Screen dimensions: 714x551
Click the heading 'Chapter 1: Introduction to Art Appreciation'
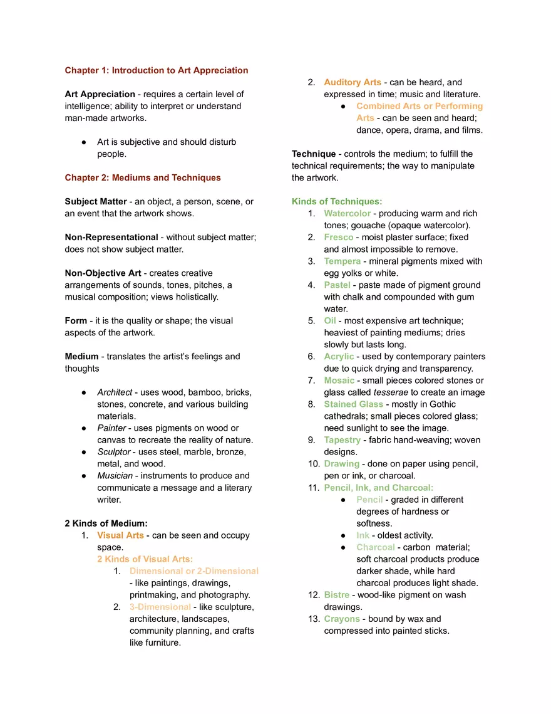pyautogui.click(x=157, y=70)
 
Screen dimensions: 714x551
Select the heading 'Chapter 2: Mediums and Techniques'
pyautogui.click(x=143, y=177)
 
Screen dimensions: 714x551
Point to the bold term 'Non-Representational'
pyautogui.click(x=111, y=237)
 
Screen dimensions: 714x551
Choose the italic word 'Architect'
pyautogui.click(x=115, y=392)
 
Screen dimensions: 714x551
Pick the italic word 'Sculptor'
pyautogui.click(x=114, y=452)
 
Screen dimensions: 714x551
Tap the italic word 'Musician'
pyautogui.click(x=115, y=476)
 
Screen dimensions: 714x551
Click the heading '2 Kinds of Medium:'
pyautogui.click(x=106, y=523)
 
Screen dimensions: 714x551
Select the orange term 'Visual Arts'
pyautogui.click(x=120, y=535)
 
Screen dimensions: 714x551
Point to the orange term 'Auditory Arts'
pyautogui.click(x=353, y=82)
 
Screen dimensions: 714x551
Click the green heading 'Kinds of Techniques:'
pyautogui.click(x=337, y=201)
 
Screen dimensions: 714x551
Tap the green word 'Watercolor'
pyautogui.click(x=348, y=213)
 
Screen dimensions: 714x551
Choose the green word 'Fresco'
pyautogui.click(x=339, y=237)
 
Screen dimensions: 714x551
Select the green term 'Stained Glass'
pyautogui.click(x=354, y=404)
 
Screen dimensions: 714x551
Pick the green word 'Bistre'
pyautogui.click(x=337, y=595)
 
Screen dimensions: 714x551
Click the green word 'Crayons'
pyautogui.click(x=342, y=619)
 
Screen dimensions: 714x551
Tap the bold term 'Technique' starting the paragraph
pyautogui.click(x=314, y=154)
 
